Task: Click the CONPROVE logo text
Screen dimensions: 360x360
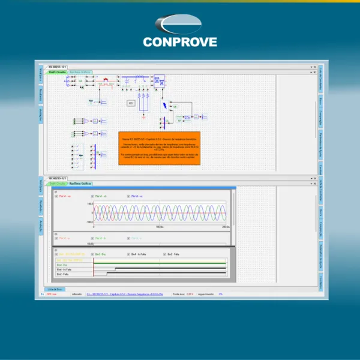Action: (180, 42)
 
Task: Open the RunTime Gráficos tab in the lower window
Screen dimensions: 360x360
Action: (80, 184)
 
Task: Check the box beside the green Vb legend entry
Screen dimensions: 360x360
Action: (92, 196)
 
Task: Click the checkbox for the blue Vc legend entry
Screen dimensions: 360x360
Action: (128, 196)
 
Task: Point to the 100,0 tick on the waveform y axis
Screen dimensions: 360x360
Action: (89, 204)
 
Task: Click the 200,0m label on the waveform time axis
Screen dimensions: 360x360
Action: (225, 227)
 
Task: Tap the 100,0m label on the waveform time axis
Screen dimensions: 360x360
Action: (159, 227)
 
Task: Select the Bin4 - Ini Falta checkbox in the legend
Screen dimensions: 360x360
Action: (129, 254)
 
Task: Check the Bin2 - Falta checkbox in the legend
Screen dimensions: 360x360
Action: (165, 254)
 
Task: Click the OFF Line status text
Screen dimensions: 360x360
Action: (53, 294)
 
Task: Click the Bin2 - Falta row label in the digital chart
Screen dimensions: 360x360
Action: (62, 274)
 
